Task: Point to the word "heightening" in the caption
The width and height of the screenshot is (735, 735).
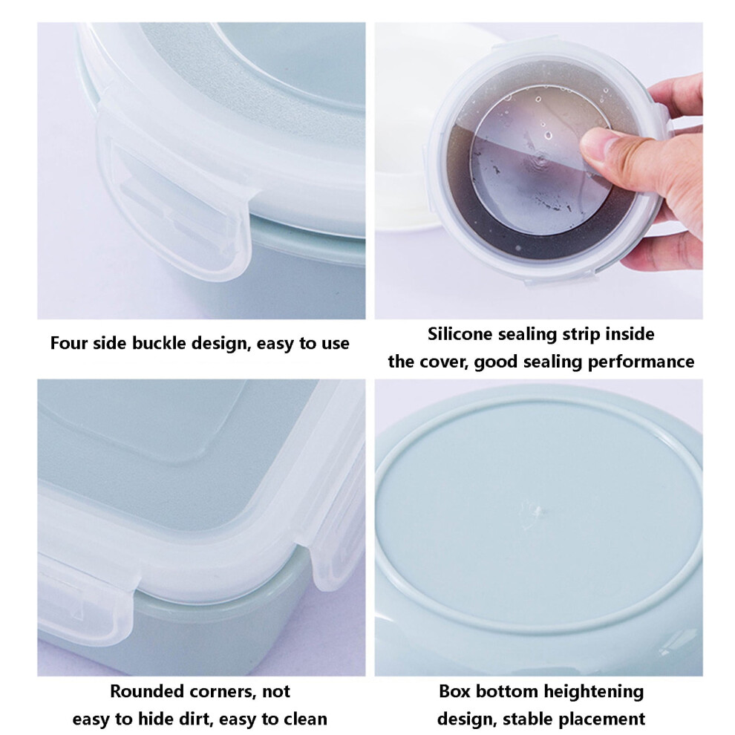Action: pos(593,692)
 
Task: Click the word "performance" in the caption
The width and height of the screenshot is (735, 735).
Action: pos(641,362)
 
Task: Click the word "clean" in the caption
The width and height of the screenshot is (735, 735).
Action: pos(304,719)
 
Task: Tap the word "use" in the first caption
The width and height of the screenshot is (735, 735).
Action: pos(335,344)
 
